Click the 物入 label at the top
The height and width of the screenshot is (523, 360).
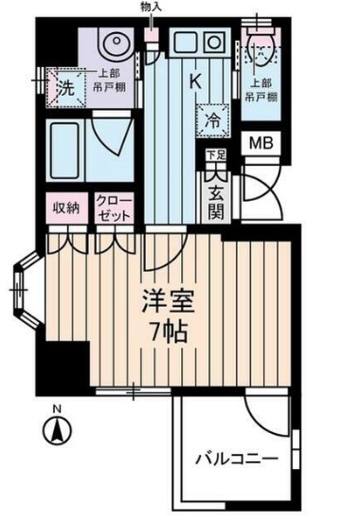tap(151, 9)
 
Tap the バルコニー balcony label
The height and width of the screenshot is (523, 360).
tap(237, 460)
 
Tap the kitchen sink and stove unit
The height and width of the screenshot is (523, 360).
tap(194, 42)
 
